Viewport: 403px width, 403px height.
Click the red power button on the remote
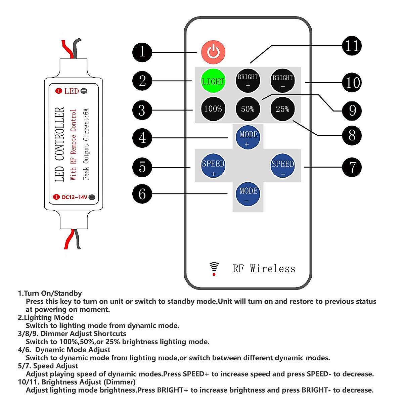(x=213, y=52)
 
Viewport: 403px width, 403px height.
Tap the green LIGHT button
(x=213, y=81)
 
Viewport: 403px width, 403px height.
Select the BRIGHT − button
(x=282, y=81)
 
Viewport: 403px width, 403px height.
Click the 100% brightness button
(x=213, y=109)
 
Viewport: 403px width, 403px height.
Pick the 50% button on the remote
(x=248, y=109)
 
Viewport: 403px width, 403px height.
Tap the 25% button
(x=282, y=109)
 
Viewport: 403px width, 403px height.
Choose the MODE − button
(x=248, y=194)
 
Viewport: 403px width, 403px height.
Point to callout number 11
(x=352, y=46)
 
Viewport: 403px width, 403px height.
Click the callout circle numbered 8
(x=352, y=136)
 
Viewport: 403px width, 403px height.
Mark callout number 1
(x=142, y=52)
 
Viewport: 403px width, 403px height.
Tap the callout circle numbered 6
(x=142, y=194)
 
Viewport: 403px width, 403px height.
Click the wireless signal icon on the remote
(x=214, y=269)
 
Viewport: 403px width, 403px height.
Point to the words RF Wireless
(x=264, y=269)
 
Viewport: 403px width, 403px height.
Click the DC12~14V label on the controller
(x=74, y=197)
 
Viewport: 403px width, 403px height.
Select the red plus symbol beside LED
(x=59, y=91)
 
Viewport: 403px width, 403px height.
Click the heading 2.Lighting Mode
(x=46, y=317)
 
